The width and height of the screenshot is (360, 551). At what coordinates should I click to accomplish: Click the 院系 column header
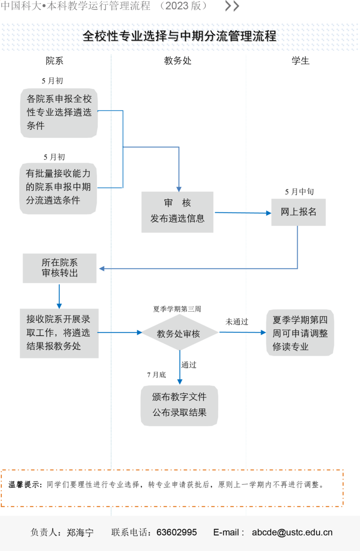[54, 61]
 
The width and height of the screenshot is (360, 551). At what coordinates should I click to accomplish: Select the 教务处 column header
[178, 61]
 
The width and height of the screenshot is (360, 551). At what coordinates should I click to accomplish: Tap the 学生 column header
[300, 61]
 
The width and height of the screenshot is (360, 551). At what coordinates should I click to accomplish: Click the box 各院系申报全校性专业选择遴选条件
[59, 113]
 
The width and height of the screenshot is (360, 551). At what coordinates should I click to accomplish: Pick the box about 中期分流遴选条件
[58, 189]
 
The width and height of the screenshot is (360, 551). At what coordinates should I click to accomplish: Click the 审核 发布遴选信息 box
[177, 212]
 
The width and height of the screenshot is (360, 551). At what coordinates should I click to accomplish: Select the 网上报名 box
[298, 212]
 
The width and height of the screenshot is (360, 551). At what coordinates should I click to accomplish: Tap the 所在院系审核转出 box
[60, 268]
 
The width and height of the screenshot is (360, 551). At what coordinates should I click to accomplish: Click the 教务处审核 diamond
[180, 332]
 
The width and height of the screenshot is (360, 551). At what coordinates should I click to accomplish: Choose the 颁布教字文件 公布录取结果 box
[179, 405]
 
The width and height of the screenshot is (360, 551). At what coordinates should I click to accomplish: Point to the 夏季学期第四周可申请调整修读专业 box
[300, 332]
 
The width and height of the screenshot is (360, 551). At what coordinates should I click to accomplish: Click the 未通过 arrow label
[237, 322]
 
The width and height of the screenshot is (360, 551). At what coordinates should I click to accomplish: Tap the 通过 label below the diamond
[189, 365]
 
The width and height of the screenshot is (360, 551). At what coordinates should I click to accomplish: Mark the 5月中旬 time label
[299, 192]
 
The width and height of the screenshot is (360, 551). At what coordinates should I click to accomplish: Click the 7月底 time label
[156, 375]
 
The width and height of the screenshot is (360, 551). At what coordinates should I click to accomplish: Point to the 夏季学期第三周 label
[177, 309]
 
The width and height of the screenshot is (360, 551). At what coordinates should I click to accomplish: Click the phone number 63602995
[176, 532]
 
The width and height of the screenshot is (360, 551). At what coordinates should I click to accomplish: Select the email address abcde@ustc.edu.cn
[292, 532]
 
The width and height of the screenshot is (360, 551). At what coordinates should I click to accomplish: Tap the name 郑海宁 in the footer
[80, 532]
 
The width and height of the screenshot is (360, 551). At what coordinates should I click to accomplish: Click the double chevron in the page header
[232, 6]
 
